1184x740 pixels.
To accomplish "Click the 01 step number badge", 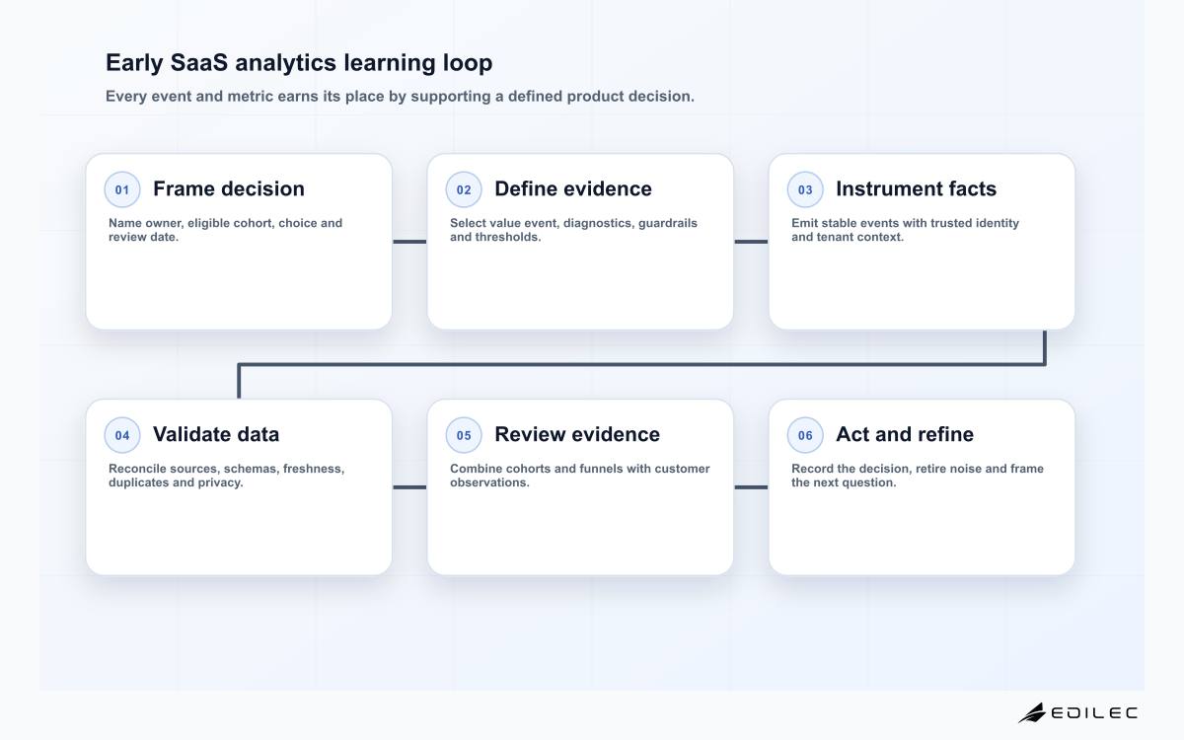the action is pos(122,189).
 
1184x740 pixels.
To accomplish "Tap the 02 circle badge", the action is pos(464,189).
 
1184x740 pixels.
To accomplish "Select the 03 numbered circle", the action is pos(805,189).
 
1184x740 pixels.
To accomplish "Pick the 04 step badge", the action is pos(122,435).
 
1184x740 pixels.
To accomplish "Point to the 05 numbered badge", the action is pos(464,435).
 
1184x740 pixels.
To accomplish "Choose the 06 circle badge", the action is pos(805,435).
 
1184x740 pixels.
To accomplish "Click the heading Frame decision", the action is pos(229,188).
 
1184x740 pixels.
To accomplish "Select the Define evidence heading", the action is pos(573,188).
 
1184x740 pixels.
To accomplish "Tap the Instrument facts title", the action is pos(916,188).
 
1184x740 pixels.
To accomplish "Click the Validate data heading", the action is pos(216,434).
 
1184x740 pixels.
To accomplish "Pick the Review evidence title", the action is pos(577,434).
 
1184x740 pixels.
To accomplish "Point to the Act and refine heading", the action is pos(905,434).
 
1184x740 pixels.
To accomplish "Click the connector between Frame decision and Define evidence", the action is pos(409,242).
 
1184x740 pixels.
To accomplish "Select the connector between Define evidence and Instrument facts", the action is pos(751,242).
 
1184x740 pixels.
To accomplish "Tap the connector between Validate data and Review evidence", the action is pos(409,487).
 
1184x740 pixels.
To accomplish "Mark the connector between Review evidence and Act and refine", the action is pos(751,487).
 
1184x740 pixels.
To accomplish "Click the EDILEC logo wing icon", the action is pos(1032,712).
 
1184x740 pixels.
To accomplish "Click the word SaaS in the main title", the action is pos(198,63).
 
